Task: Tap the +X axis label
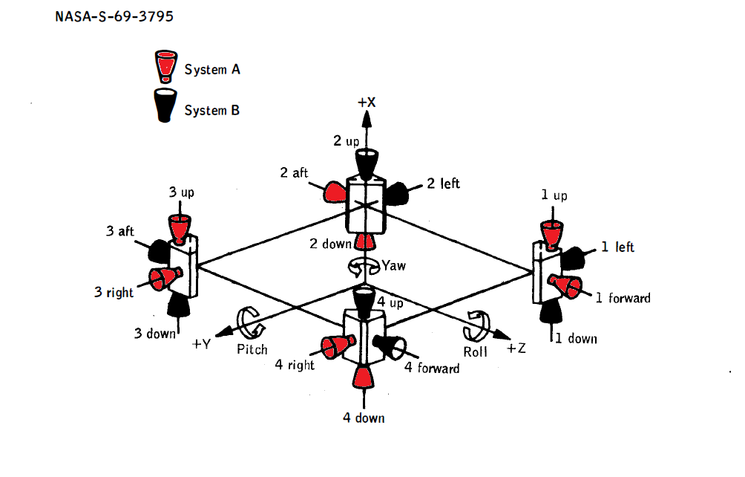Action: pos(367,103)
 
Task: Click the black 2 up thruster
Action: pos(367,161)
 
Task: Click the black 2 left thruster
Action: pos(398,193)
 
